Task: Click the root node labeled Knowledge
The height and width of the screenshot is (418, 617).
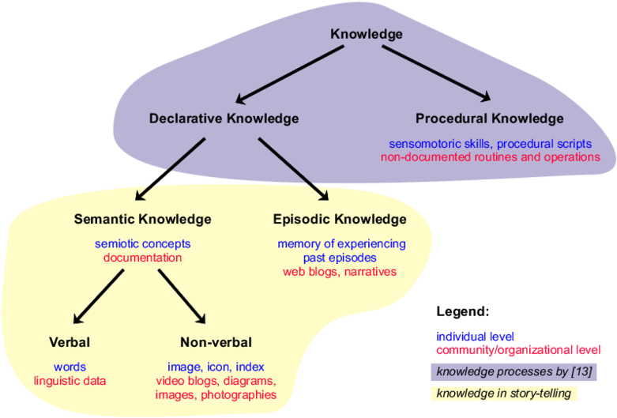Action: tap(366, 34)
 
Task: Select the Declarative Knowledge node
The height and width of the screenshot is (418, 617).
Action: tap(224, 119)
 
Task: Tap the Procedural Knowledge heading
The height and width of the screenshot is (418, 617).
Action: tap(489, 119)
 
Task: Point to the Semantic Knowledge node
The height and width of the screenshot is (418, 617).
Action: tap(142, 219)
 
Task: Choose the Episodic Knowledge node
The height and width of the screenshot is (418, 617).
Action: tap(340, 219)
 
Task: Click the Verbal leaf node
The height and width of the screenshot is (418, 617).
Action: tap(70, 342)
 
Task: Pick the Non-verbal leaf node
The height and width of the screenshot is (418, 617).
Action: tap(216, 342)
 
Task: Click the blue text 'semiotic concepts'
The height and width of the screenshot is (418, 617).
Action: tap(142, 244)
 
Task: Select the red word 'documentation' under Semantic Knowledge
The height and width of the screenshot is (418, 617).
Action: tap(142, 258)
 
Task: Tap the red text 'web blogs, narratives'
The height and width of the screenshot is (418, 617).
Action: tap(340, 272)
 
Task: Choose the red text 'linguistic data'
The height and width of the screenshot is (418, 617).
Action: tap(70, 381)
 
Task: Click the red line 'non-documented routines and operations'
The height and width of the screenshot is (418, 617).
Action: tap(490, 157)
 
